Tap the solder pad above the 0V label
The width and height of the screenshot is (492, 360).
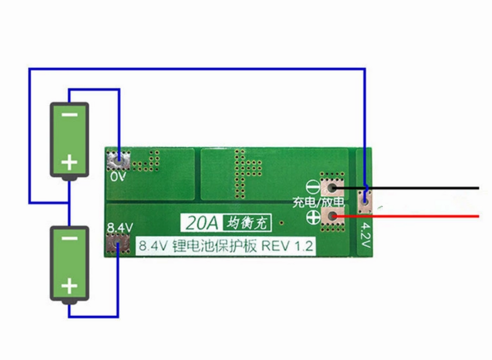(x=119, y=159)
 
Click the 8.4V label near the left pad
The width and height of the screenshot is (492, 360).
(x=120, y=228)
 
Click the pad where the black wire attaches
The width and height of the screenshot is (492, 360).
(x=332, y=188)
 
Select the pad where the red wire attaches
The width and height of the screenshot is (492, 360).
(x=332, y=216)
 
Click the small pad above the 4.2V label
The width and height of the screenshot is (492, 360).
(x=365, y=199)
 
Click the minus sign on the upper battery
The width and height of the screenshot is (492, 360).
(x=70, y=115)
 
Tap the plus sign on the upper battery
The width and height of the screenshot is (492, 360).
(x=70, y=162)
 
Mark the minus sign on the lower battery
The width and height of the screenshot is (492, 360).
(x=69, y=239)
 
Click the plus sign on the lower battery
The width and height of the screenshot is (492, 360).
(x=69, y=286)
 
